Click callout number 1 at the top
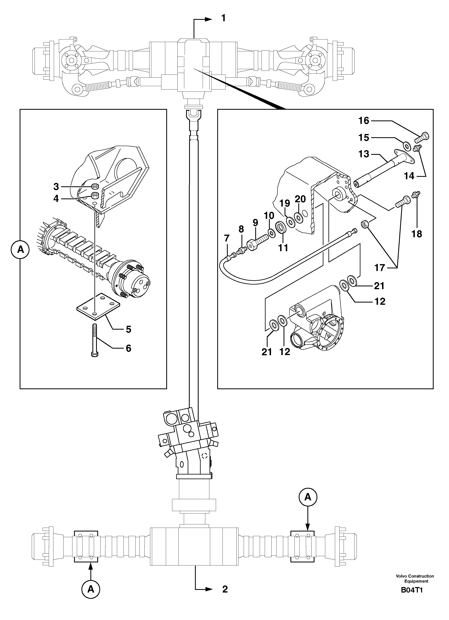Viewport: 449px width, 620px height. coord(223,18)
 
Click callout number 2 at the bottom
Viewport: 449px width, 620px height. coord(225,589)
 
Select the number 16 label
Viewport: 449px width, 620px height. coord(364,121)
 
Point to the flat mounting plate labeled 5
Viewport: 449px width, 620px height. coord(98,306)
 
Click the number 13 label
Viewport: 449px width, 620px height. coord(364,154)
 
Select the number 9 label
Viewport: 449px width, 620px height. coord(255,222)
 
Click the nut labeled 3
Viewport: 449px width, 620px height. coord(95,186)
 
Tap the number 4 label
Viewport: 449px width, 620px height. coord(56,198)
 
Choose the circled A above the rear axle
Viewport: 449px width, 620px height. coord(308,497)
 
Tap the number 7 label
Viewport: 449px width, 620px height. coord(227,238)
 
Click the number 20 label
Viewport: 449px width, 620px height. coord(300,199)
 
